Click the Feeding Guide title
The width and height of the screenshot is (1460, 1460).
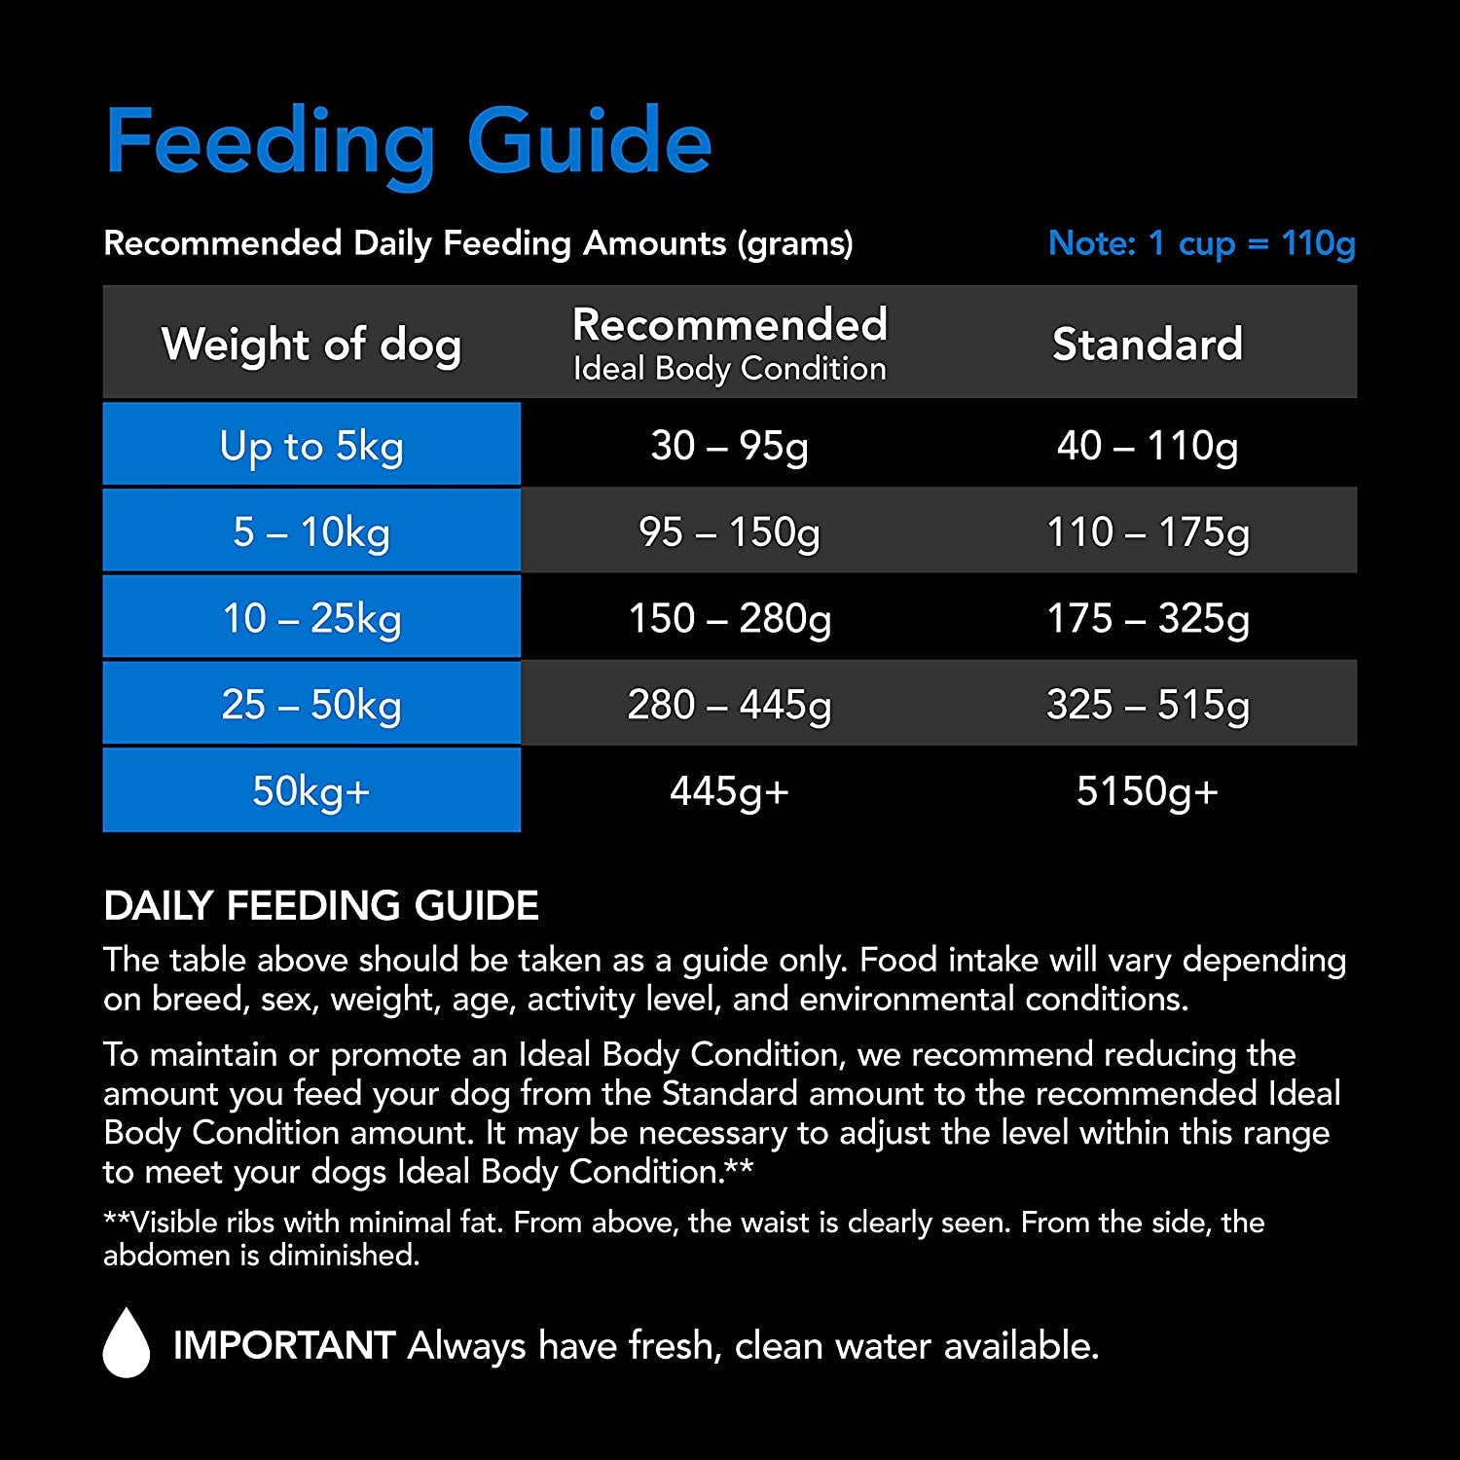pos(409,143)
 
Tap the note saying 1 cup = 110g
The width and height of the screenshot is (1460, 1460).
pos(1201,242)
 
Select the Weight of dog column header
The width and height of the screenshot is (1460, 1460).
pos(311,344)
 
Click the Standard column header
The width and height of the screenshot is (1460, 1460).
pos(1148,344)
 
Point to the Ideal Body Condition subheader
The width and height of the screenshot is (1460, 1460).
pos(729,369)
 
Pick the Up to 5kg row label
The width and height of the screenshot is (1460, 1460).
pos(311,446)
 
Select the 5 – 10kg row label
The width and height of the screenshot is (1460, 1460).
pos(311,531)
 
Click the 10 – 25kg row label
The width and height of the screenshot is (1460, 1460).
pos(311,618)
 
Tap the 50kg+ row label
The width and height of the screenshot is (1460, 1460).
pos(311,790)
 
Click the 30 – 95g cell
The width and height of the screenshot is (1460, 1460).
pos(729,446)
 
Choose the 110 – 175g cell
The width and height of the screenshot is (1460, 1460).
pos(1148,531)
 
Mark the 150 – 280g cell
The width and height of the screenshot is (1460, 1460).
pos(729,618)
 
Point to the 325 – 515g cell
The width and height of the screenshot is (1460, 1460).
pos(1148,704)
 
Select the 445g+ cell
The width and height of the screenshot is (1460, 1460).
pos(729,790)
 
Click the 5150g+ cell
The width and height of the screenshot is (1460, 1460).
pos(1148,790)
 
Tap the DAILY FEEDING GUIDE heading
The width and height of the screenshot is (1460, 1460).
pos(321,906)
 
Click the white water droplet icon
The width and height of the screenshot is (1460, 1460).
pos(127,1343)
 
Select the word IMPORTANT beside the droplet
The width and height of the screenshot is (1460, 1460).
pos(283,1346)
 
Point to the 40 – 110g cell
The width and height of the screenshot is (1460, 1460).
pos(1148,446)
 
